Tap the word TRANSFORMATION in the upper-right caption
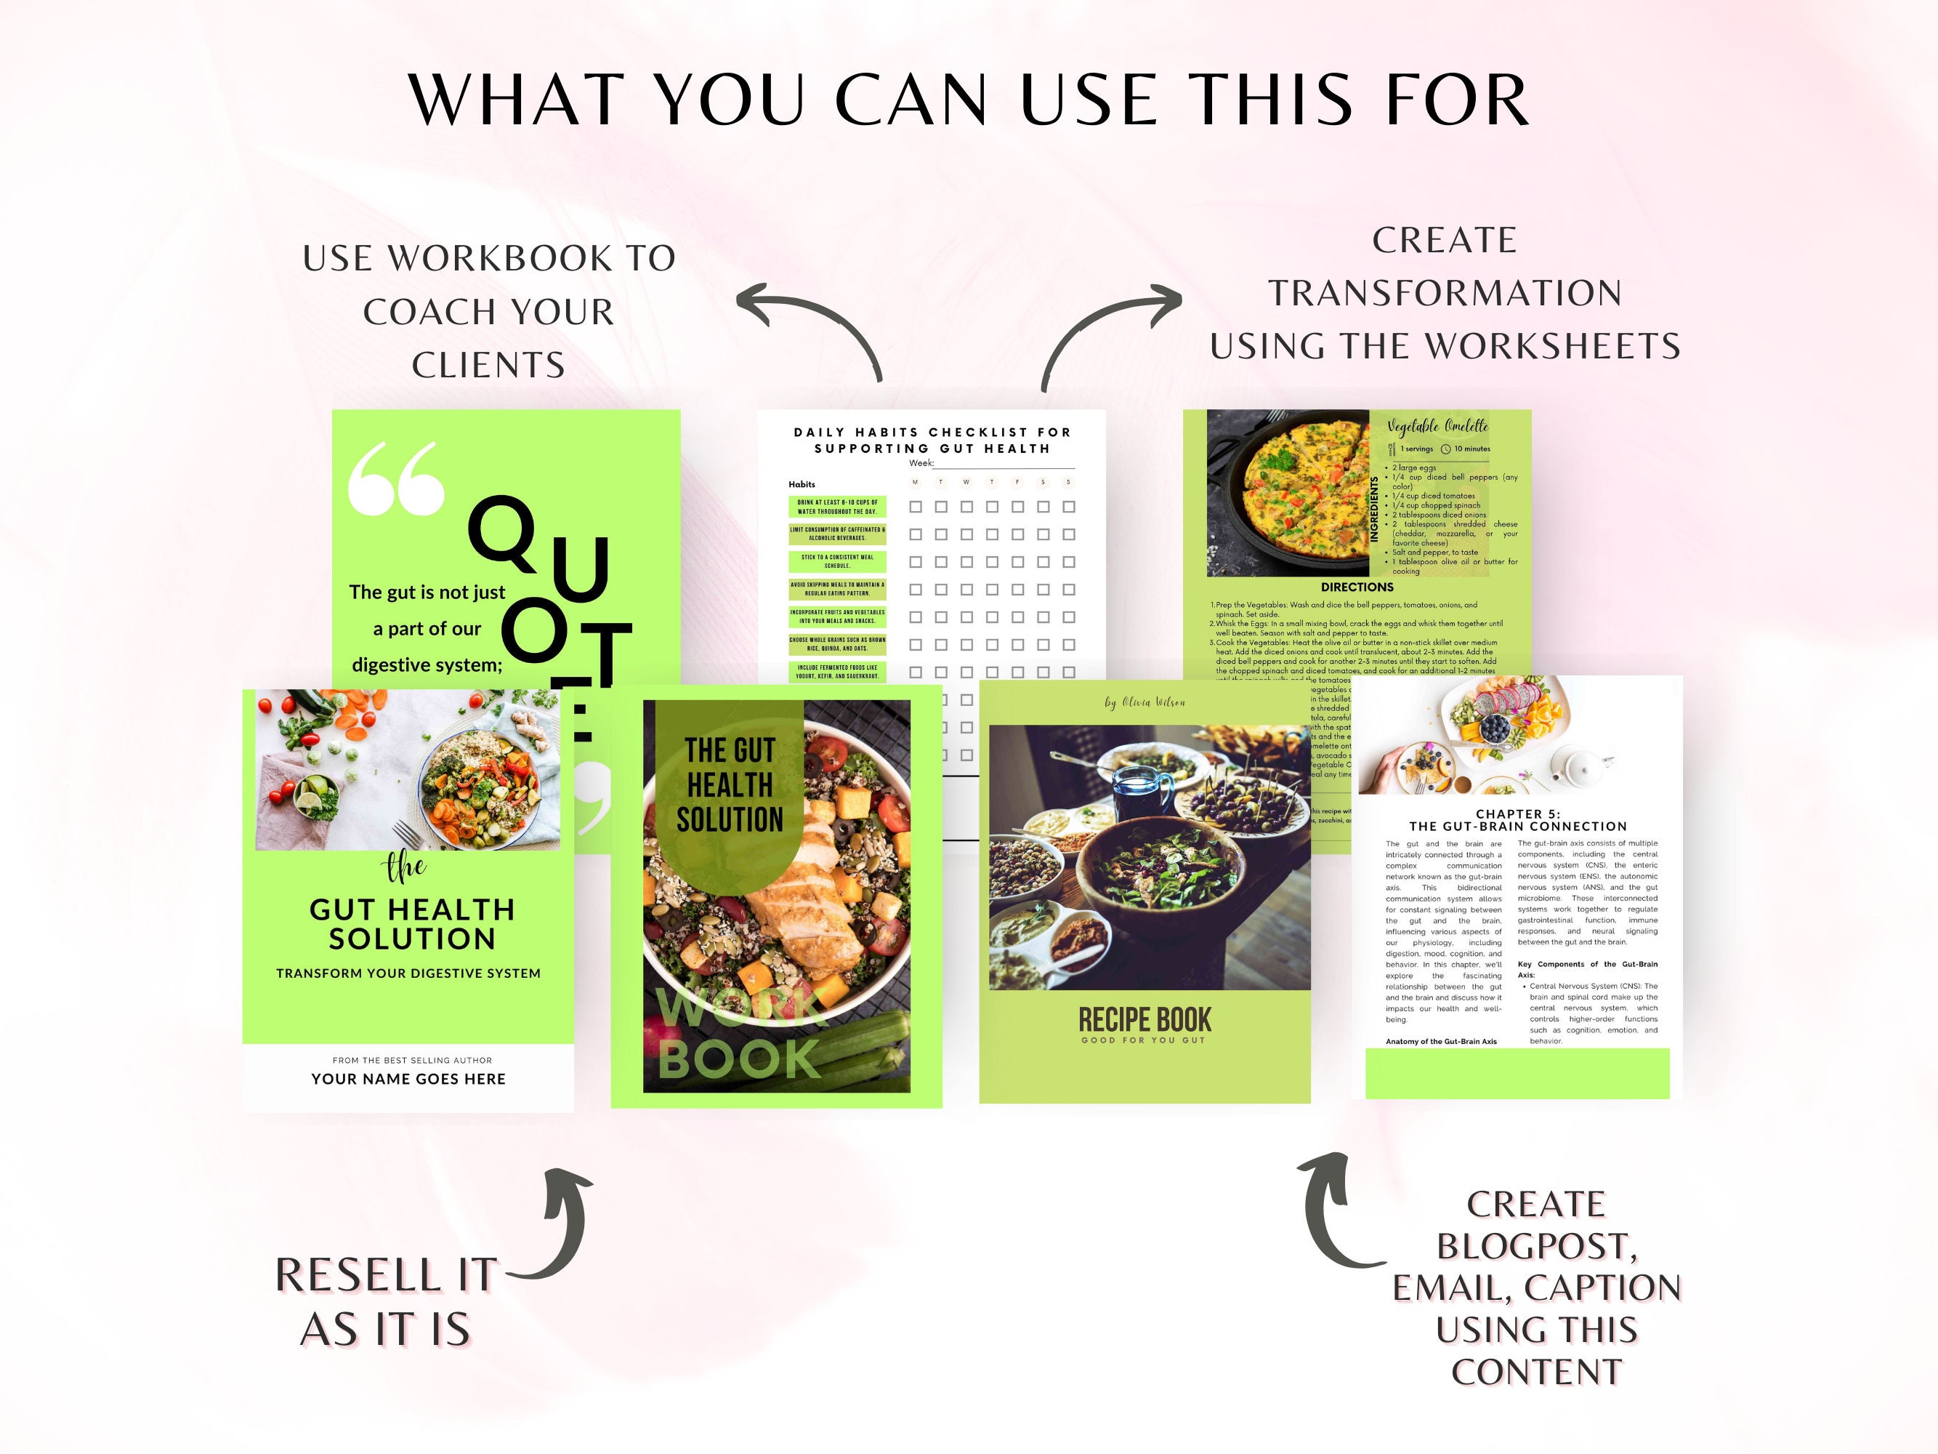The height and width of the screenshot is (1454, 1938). [x=1445, y=294]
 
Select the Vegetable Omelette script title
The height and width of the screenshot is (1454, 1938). [x=1437, y=427]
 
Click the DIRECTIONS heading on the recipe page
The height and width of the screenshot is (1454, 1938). [x=1356, y=587]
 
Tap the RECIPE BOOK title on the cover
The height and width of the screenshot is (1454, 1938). [x=1144, y=1020]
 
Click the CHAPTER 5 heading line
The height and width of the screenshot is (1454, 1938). [x=1517, y=814]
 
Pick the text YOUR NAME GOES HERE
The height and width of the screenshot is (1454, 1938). [x=408, y=1079]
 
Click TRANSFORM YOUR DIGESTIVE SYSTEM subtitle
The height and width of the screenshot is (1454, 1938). [x=408, y=973]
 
